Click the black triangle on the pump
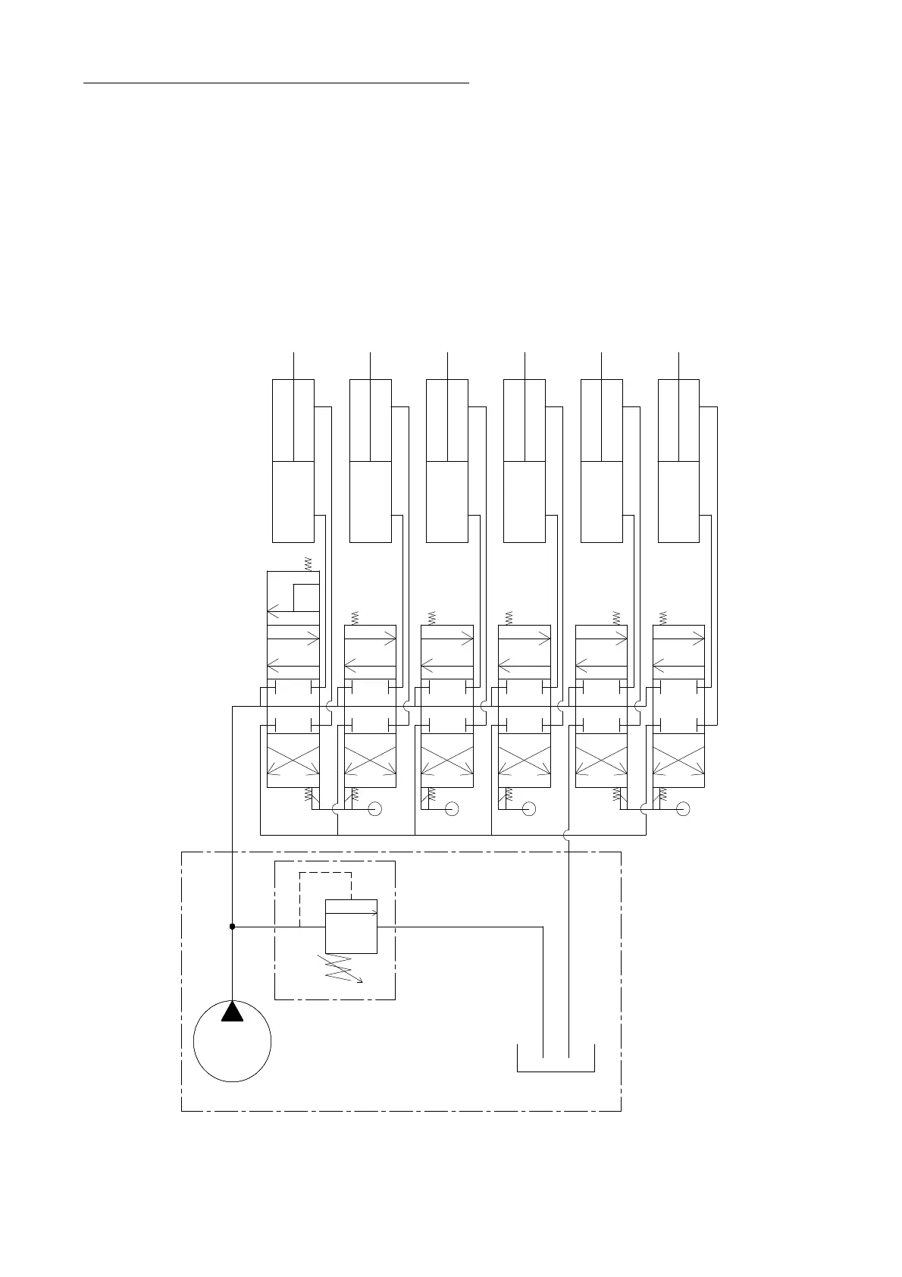pos(232,1012)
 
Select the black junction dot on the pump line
pos(232,927)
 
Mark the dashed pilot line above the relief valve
pos(326,873)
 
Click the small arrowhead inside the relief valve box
pos(373,913)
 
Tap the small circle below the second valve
pos(374,809)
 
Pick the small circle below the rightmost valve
pos(683,809)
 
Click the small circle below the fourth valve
pos(529,809)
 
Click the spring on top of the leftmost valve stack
pos(308,563)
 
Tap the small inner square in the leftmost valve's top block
pos(306,598)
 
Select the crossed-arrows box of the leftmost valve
pos(293,760)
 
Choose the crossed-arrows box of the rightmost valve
pos(678,760)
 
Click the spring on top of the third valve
pos(432,617)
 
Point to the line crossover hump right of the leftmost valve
pos(330,706)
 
